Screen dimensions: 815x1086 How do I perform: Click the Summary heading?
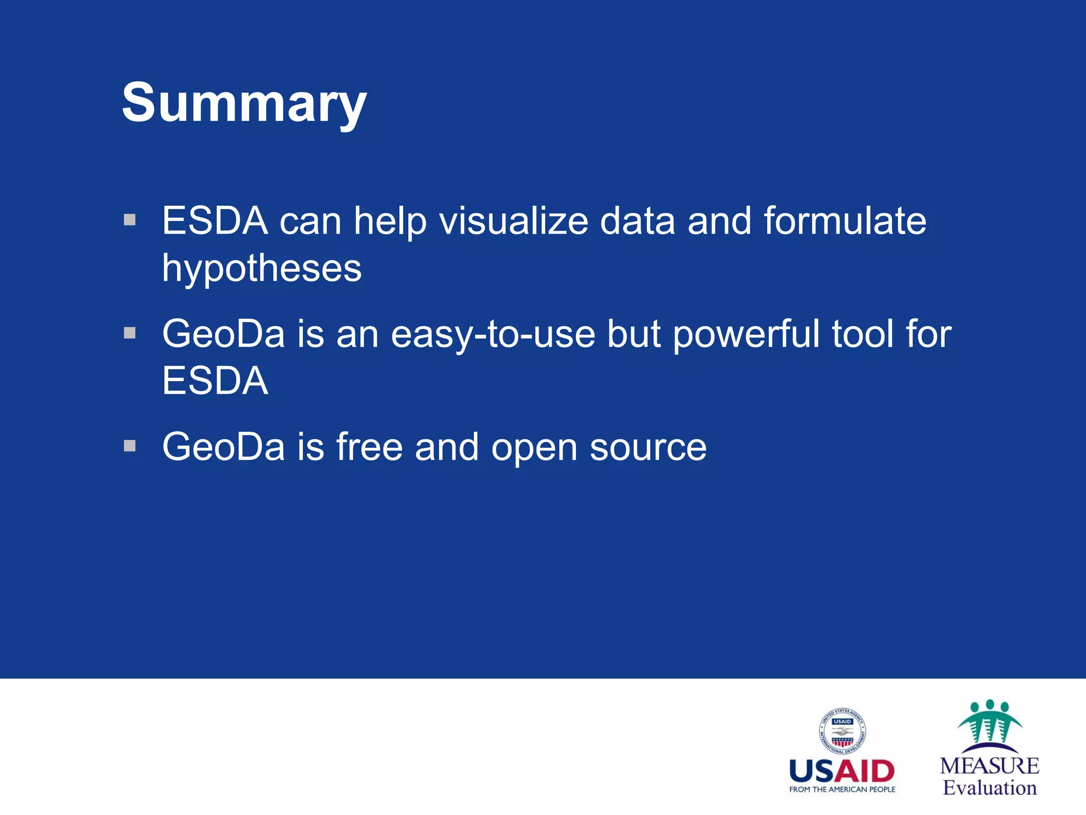pos(244,103)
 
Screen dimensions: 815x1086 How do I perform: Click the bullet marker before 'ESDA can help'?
pos(130,220)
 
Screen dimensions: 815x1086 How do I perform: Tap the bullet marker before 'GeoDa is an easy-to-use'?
pos(130,333)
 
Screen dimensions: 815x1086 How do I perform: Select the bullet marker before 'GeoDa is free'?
pos(130,446)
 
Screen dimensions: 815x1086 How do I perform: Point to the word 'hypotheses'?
pos(261,268)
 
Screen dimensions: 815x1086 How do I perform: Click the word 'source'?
pos(648,448)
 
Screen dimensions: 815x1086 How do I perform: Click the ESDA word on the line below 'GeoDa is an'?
pos(215,381)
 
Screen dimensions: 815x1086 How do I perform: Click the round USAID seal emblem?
pos(842,731)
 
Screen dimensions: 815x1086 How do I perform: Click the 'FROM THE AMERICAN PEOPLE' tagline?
pos(842,790)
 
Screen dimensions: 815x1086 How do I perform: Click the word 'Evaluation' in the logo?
pos(989,787)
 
